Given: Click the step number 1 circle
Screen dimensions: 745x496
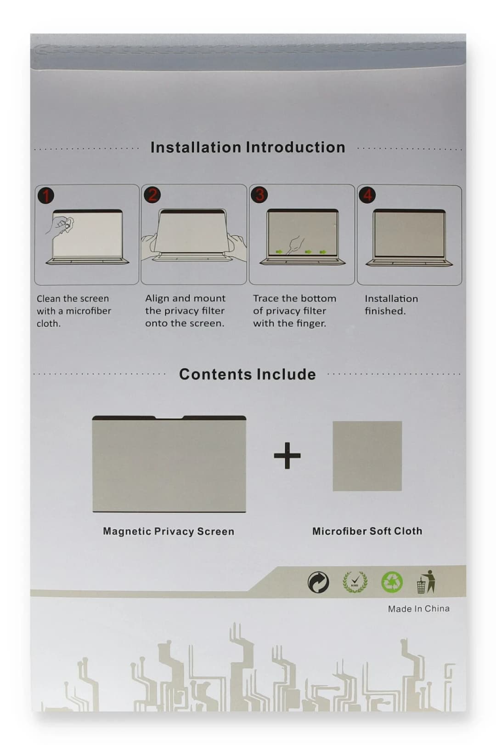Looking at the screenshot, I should pyautogui.click(x=45, y=195).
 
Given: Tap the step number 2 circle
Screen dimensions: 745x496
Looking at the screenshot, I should pyautogui.click(x=152, y=195).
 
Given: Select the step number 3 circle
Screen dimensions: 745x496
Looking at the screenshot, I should pyautogui.click(x=260, y=195).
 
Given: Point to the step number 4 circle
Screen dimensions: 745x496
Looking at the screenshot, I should pyautogui.click(x=367, y=195).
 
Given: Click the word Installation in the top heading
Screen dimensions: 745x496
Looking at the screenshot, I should pyautogui.click(x=196, y=147).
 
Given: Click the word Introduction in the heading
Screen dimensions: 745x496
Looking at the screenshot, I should pyautogui.click(x=296, y=147).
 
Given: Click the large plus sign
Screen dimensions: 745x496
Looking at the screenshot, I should pyautogui.click(x=287, y=455).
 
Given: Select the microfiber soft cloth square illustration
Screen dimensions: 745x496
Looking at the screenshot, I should pyautogui.click(x=367, y=456).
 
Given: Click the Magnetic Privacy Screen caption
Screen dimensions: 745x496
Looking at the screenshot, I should pyautogui.click(x=169, y=531).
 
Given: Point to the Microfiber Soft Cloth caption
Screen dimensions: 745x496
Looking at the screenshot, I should pyautogui.click(x=367, y=531).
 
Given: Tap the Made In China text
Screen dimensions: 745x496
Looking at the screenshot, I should pyautogui.click(x=418, y=608).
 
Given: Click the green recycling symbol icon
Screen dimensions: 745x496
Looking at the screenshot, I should pyautogui.click(x=392, y=582).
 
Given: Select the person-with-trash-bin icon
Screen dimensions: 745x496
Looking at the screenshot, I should pyautogui.click(x=426, y=582).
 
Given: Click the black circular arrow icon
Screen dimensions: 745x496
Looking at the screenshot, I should pyautogui.click(x=318, y=583).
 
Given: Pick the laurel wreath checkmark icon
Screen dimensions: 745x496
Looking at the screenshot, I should pyautogui.click(x=355, y=582).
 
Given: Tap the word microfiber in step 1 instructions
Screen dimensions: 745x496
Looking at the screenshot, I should pyautogui.click(x=88, y=311).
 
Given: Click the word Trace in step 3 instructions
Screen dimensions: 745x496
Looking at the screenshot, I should pyautogui.click(x=266, y=298).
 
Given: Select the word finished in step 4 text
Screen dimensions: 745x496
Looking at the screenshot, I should pyautogui.click(x=385, y=311).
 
